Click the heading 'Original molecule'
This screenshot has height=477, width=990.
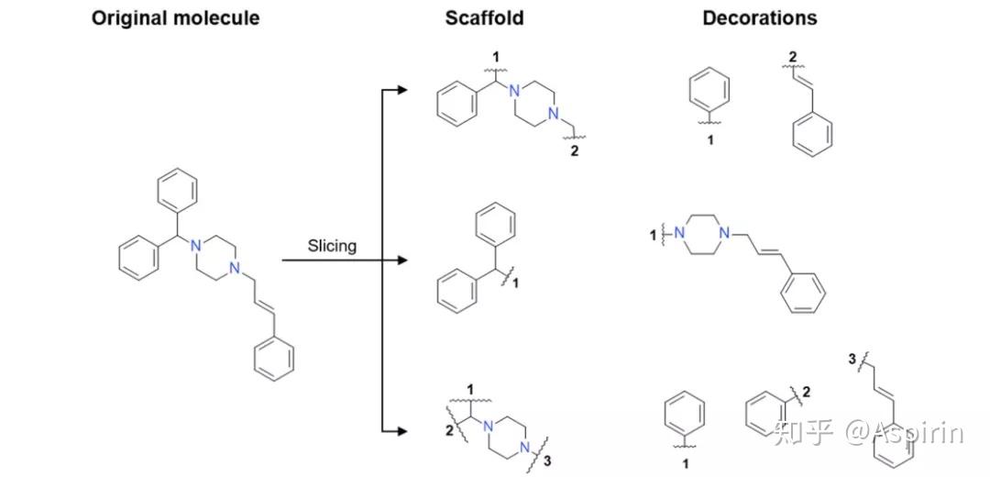tap(175, 17)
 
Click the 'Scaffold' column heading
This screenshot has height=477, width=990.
tap(485, 17)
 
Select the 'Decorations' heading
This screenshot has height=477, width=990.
tap(760, 17)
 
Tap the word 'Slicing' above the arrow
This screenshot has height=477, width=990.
tap(332, 246)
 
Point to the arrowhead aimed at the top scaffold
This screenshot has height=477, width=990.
tap(400, 90)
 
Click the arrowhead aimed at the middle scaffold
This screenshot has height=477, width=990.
tap(400, 261)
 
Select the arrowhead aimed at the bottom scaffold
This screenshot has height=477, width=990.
tap(400, 429)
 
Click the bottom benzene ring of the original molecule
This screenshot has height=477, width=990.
tap(273, 360)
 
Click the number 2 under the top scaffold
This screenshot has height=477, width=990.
tap(575, 151)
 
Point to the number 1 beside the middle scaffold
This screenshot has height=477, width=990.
tap(515, 284)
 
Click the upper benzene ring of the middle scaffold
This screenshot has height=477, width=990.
tap(498, 227)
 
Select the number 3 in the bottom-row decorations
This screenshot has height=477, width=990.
tap(852, 360)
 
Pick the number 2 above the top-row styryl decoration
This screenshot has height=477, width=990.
tap(792, 58)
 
